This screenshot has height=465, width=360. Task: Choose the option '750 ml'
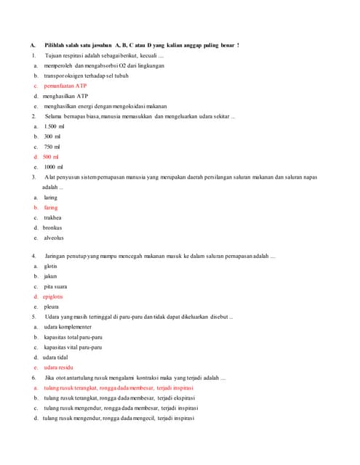pyautogui.click(x=52, y=147)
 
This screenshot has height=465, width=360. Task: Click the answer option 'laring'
pyautogui.click(x=50, y=198)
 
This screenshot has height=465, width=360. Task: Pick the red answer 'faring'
pyautogui.click(x=50, y=208)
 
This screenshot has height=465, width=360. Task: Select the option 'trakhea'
pyautogui.click(x=52, y=218)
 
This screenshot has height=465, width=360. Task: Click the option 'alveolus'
pyautogui.click(x=54, y=238)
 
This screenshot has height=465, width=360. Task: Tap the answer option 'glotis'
pyautogui.click(x=50, y=267)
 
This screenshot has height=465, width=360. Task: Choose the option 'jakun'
pyautogui.click(x=50, y=277)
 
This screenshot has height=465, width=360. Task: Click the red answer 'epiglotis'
pyautogui.click(x=52, y=297)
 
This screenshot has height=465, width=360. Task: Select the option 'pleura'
pyautogui.click(x=51, y=307)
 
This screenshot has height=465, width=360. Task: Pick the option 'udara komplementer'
pyautogui.click(x=68, y=328)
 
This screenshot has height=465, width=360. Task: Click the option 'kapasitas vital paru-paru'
pyautogui.click(x=73, y=348)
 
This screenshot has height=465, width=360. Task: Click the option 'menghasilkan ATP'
pyautogui.click(x=65, y=96)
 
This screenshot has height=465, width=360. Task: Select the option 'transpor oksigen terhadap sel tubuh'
pyautogui.click(x=86, y=76)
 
